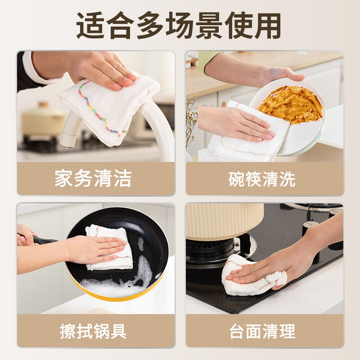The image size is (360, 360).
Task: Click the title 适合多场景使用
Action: click(180, 26)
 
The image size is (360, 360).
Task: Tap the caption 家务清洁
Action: click(93, 179)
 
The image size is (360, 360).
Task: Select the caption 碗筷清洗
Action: click(261, 179)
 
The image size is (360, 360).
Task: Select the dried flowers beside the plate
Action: click(191, 121)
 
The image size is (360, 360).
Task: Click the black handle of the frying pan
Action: click(43, 240)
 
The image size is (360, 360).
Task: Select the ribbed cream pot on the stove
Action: click(225, 220)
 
